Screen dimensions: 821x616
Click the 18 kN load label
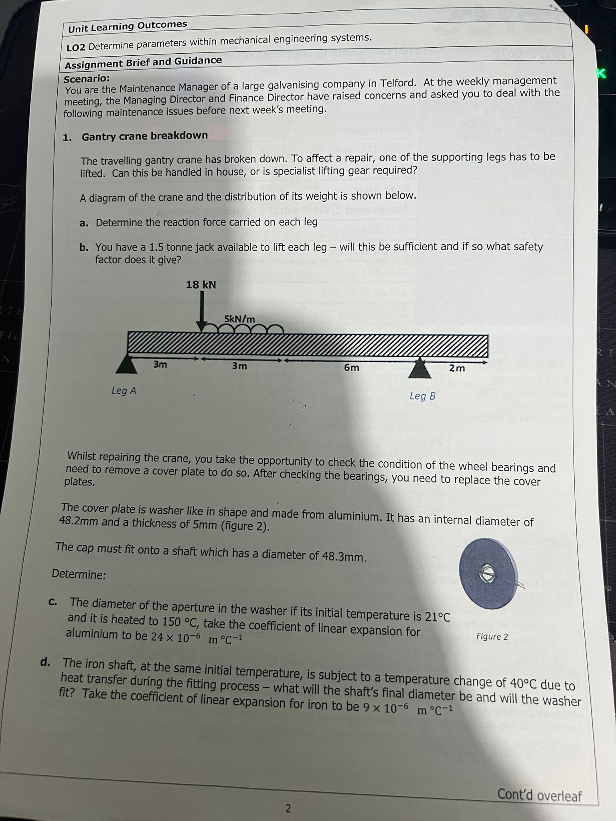click(x=201, y=285)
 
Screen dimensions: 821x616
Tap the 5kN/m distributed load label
click(x=239, y=319)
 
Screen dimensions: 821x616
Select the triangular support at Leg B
click(x=420, y=368)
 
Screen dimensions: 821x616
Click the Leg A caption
click(x=124, y=390)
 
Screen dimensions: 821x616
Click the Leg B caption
click(x=423, y=396)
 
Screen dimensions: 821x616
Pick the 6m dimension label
click(x=352, y=367)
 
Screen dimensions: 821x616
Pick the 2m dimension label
click(x=457, y=368)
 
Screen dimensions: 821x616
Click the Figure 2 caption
click(x=492, y=637)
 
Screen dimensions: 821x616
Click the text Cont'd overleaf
click(x=539, y=795)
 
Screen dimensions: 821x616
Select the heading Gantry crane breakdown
click(x=145, y=136)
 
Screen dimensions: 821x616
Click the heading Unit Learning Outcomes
click(x=128, y=26)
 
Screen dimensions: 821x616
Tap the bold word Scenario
click(x=87, y=78)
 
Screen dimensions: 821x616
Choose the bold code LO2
click(x=76, y=47)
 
